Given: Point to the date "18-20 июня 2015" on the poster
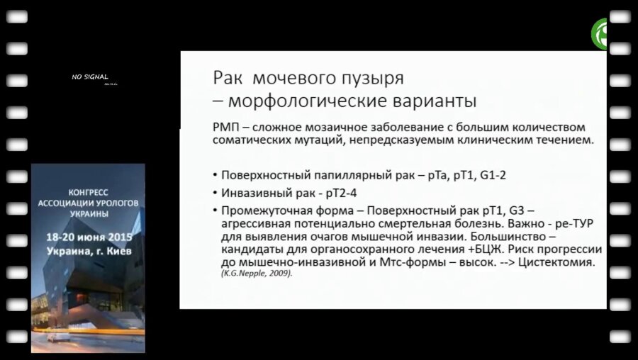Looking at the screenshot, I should coord(88,237).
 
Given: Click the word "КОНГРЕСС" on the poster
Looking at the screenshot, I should coord(88,192).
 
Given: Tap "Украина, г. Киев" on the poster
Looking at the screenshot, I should coord(88,252).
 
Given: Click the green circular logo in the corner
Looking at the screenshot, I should coord(603,34).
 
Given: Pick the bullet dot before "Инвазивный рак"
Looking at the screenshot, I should coord(215,193).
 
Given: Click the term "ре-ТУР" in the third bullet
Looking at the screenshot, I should coord(573,224).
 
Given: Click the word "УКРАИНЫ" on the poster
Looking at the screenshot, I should coord(88,213).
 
